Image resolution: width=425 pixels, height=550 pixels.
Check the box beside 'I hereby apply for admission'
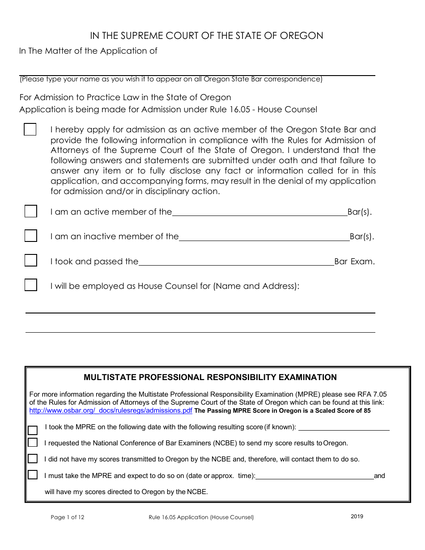pyautogui.click(x=30, y=130)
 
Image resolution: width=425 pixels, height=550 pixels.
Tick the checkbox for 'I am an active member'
pyautogui.click(x=30, y=212)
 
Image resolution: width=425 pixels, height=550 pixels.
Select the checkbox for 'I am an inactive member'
pyautogui.click(x=30, y=236)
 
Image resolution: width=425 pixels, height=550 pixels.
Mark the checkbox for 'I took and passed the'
pyautogui.click(x=30, y=261)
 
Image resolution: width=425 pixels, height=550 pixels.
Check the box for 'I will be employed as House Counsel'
pyautogui.click(x=30, y=285)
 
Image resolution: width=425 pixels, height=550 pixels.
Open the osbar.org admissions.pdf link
pyautogui.click(x=110, y=410)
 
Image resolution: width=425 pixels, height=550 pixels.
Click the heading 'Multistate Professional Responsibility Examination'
pyautogui.click(x=210, y=377)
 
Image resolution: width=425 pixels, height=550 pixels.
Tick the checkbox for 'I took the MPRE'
pyautogui.click(x=33, y=430)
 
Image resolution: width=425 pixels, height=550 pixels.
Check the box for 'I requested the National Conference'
pyautogui.click(x=33, y=443)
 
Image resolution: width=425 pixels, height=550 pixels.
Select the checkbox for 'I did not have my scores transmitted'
pyautogui.click(x=33, y=459)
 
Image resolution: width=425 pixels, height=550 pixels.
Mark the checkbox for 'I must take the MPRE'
pyautogui.click(x=33, y=475)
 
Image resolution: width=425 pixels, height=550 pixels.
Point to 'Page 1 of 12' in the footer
pyautogui.click(x=68, y=517)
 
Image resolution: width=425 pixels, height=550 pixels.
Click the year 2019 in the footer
pyautogui.click(x=357, y=516)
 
